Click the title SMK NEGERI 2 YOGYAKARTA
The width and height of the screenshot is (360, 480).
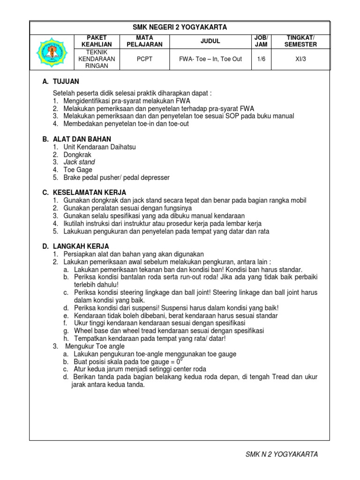pos(180,28)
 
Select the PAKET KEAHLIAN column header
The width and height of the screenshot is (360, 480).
pos(97,41)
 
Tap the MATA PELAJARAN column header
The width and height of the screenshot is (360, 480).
pos(144,41)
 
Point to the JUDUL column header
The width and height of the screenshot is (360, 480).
pos(210,41)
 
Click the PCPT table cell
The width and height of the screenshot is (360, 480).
pos(144,59)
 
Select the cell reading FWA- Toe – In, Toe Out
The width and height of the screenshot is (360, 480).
pos(210,59)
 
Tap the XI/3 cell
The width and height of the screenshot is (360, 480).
pos(301,59)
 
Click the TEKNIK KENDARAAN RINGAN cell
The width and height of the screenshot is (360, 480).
pos(97,59)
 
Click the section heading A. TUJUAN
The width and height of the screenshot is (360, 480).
pos(60,82)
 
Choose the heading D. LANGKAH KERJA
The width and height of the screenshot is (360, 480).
pos(75,246)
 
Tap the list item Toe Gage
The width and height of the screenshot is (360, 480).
pos(78,170)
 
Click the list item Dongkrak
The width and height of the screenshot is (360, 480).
pos(77,155)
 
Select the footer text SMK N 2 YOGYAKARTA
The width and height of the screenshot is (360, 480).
pos(282,454)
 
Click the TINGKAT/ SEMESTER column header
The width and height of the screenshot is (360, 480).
pos(301,41)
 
